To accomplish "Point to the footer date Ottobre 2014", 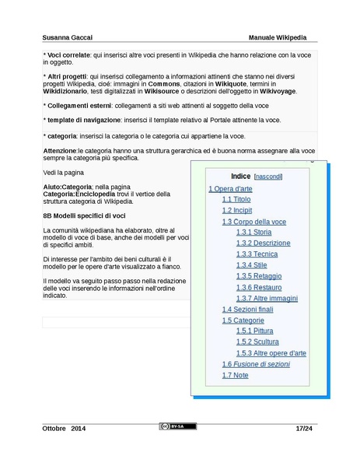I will (x=64, y=429).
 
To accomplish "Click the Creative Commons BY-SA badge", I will (x=178, y=427).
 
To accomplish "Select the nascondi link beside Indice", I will (x=268, y=177).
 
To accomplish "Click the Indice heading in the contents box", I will (x=240, y=177).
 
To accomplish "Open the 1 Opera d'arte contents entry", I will (x=230, y=189).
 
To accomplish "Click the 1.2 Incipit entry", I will (x=237, y=211).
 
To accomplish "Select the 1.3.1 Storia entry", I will (x=253, y=233).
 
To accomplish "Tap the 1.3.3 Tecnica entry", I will (x=257, y=254).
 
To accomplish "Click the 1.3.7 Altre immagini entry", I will (x=267, y=298).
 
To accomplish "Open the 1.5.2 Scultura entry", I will (x=257, y=342).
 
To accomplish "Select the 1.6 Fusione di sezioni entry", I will (x=256, y=364).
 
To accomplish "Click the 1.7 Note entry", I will (x=235, y=375).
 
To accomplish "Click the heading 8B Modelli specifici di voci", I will (x=84, y=215).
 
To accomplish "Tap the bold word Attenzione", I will (x=60, y=150).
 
